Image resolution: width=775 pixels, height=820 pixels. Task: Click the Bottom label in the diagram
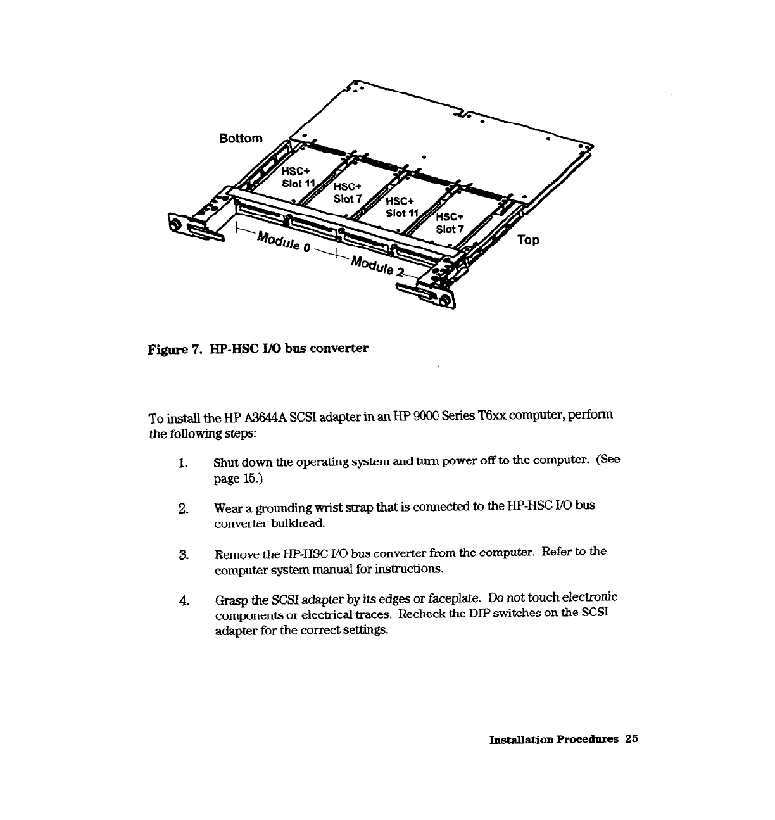click(240, 139)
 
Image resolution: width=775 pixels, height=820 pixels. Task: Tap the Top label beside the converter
click(528, 240)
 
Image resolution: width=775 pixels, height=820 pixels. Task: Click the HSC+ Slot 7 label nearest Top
click(450, 222)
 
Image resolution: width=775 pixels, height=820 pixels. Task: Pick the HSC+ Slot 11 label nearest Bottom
click(298, 177)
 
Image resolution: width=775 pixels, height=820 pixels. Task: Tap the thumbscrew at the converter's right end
click(444, 301)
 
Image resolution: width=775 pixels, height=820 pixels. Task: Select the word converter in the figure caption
click(341, 348)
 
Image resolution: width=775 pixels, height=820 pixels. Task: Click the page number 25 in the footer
click(631, 739)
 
